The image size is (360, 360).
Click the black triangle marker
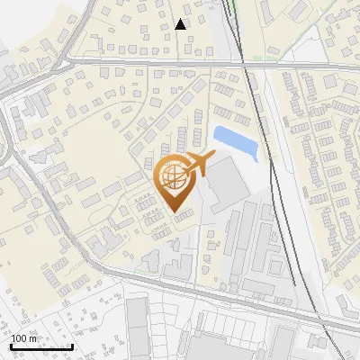pyautogui.click(x=181, y=24)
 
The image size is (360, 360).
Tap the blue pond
pyautogui.click(x=237, y=143)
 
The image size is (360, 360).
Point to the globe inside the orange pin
pyautogui.click(x=173, y=175)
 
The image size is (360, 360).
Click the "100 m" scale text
pyautogui.click(x=24, y=338)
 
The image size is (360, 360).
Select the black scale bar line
pyautogui.click(x=40, y=346)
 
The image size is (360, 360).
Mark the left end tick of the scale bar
pyautogui.click(x=10, y=345)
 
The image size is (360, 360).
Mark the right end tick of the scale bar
pyautogui.click(x=72, y=345)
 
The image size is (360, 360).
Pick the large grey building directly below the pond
pyautogui.click(x=229, y=184)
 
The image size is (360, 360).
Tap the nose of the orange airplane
pyautogui.click(x=213, y=156)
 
